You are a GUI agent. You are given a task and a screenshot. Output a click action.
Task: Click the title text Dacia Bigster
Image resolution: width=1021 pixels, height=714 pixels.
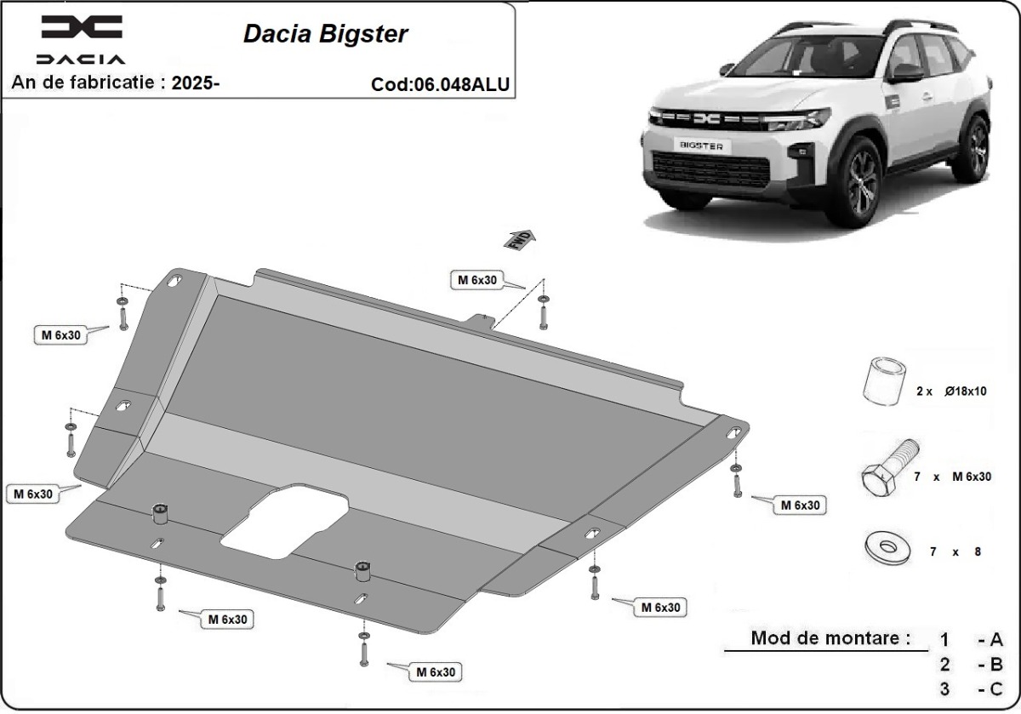pos(326,34)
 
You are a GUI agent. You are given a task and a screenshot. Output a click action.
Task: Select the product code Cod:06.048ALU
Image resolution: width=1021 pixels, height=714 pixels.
pos(441,84)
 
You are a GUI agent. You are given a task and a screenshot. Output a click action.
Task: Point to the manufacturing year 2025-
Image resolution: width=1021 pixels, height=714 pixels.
pos(196,83)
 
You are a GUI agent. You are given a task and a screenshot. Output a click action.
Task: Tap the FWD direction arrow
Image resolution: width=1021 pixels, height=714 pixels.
pos(520,239)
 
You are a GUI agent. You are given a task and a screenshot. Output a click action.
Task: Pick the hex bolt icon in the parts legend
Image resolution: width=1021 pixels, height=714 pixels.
pos(888,471)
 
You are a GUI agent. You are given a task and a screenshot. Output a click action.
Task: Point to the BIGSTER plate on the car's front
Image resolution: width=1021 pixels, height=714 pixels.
pos(701,146)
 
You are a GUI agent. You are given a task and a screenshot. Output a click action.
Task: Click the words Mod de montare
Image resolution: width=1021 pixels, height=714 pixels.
pos(830,637)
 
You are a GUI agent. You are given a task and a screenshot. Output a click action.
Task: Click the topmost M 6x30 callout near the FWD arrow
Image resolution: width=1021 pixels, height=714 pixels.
pos(477,280)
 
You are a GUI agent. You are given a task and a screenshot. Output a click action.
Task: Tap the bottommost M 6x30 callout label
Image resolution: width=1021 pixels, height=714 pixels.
pos(436,671)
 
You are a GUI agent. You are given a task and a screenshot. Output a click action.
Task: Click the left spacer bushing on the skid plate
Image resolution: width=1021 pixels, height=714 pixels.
pos(159,514)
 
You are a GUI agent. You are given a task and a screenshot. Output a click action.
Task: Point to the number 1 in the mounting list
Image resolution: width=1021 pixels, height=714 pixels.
pos(944,639)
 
